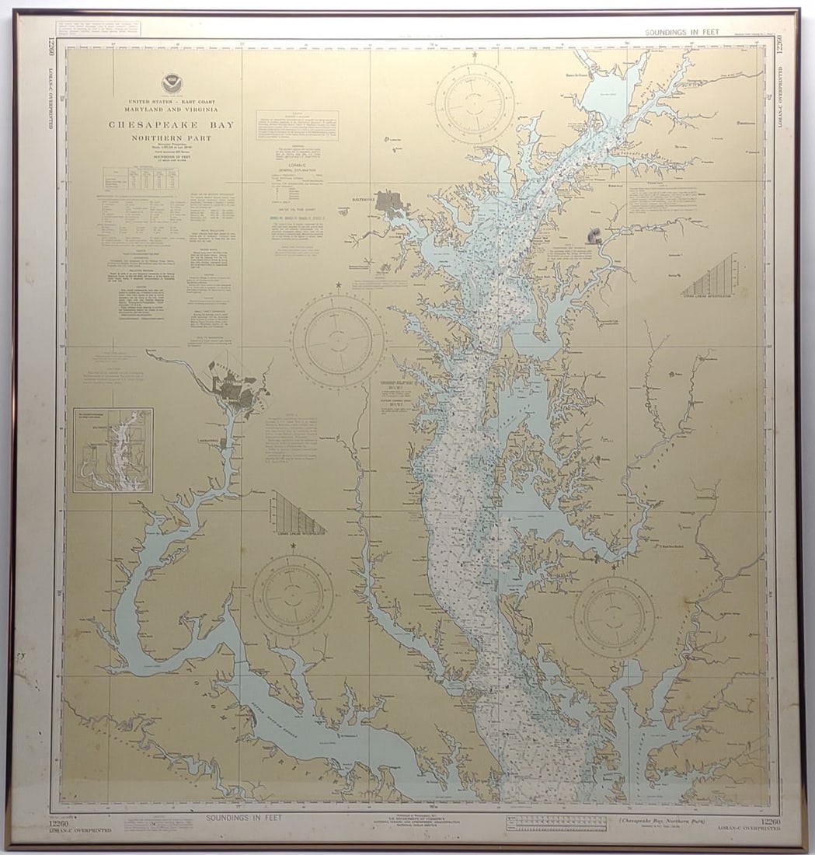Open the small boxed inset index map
click(x=113, y=450)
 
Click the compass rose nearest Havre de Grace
click(x=474, y=103)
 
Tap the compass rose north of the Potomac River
click(x=293, y=595)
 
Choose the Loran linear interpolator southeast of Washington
click(x=298, y=513)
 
